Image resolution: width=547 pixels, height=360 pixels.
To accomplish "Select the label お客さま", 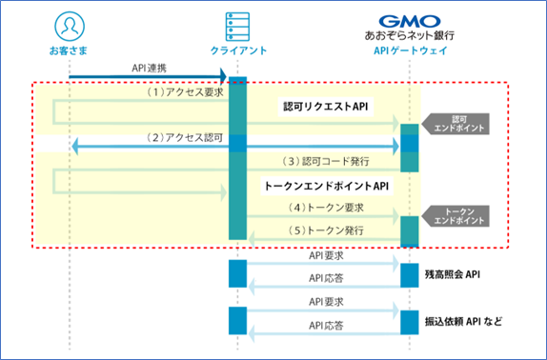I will (69, 49).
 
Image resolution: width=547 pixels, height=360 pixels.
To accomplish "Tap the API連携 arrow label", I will (144, 66).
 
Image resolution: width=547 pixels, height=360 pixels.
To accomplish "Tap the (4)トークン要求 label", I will (324, 207).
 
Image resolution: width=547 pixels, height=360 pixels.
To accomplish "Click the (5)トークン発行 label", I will (324, 229).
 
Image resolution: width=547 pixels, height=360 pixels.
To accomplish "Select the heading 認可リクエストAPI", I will (325, 106).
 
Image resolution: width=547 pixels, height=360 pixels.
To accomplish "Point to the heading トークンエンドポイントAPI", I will (325, 188).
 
